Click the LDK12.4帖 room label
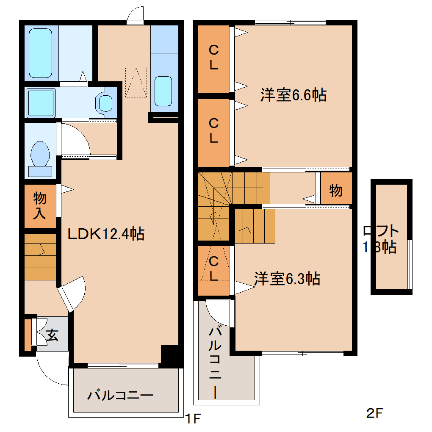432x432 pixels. [x=106, y=233]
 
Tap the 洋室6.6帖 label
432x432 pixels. [x=293, y=95]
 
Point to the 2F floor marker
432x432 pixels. [x=374, y=412]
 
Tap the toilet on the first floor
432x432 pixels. [x=40, y=156]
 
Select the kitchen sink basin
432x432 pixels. [x=163, y=91]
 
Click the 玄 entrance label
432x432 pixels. [x=52, y=335]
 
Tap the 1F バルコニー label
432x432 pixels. [x=120, y=396]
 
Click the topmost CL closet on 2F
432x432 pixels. [x=213, y=58]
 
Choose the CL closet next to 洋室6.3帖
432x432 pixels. [x=214, y=269]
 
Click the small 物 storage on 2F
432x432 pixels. [x=336, y=191]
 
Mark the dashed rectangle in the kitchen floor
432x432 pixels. [x=136, y=82]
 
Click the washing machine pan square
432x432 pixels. [x=40, y=102]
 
